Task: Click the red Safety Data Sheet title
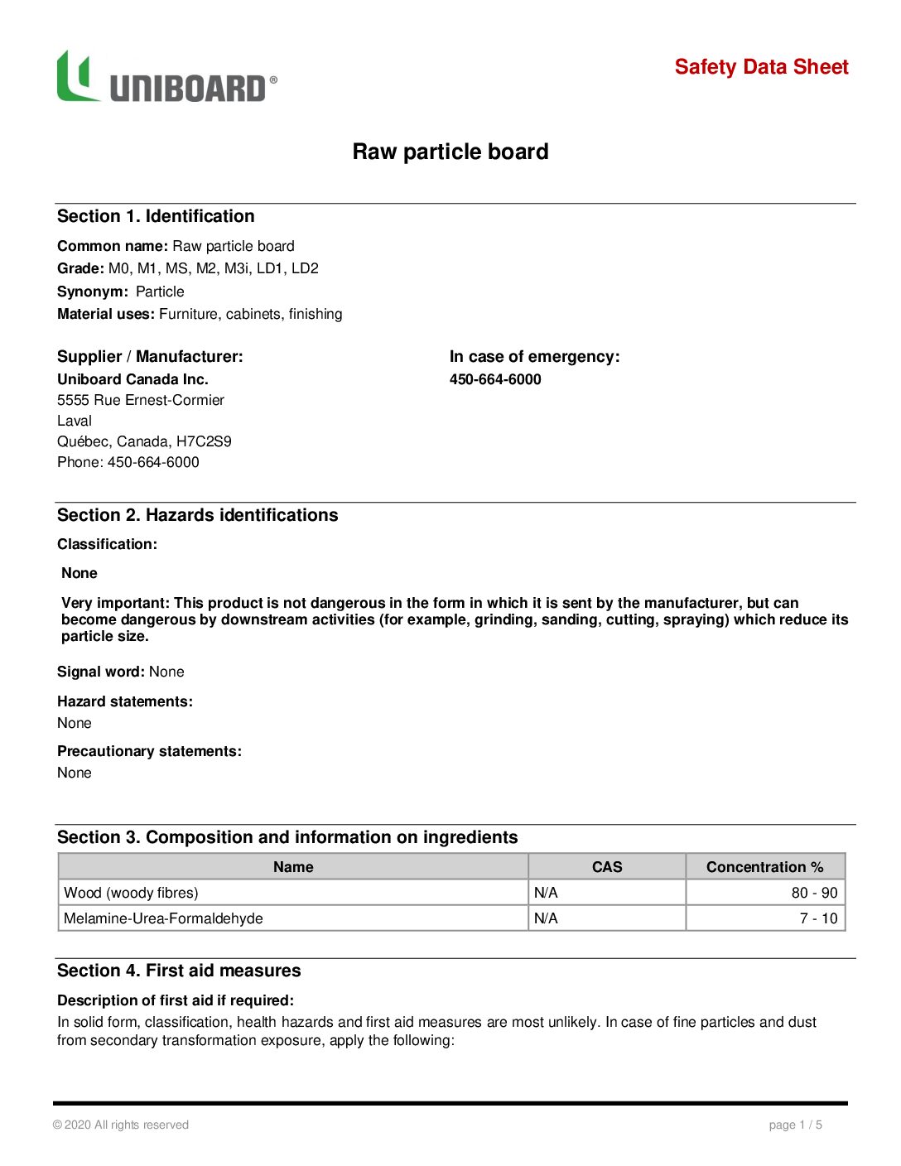tap(761, 67)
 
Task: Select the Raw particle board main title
tap(450, 152)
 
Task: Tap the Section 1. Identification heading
tap(156, 216)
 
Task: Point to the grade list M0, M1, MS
tap(213, 268)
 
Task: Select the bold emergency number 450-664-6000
tap(495, 379)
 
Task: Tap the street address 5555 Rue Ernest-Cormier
tap(141, 400)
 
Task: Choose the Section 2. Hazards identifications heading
tap(197, 515)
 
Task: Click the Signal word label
tap(101, 672)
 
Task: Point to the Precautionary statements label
tap(149, 751)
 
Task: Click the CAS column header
tap(607, 867)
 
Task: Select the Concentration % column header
tap(764, 867)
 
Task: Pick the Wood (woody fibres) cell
tap(131, 893)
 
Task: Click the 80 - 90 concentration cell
tap(814, 893)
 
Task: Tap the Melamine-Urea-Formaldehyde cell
tap(163, 918)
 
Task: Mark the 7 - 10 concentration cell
tap(818, 918)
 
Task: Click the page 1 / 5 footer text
tap(795, 1125)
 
